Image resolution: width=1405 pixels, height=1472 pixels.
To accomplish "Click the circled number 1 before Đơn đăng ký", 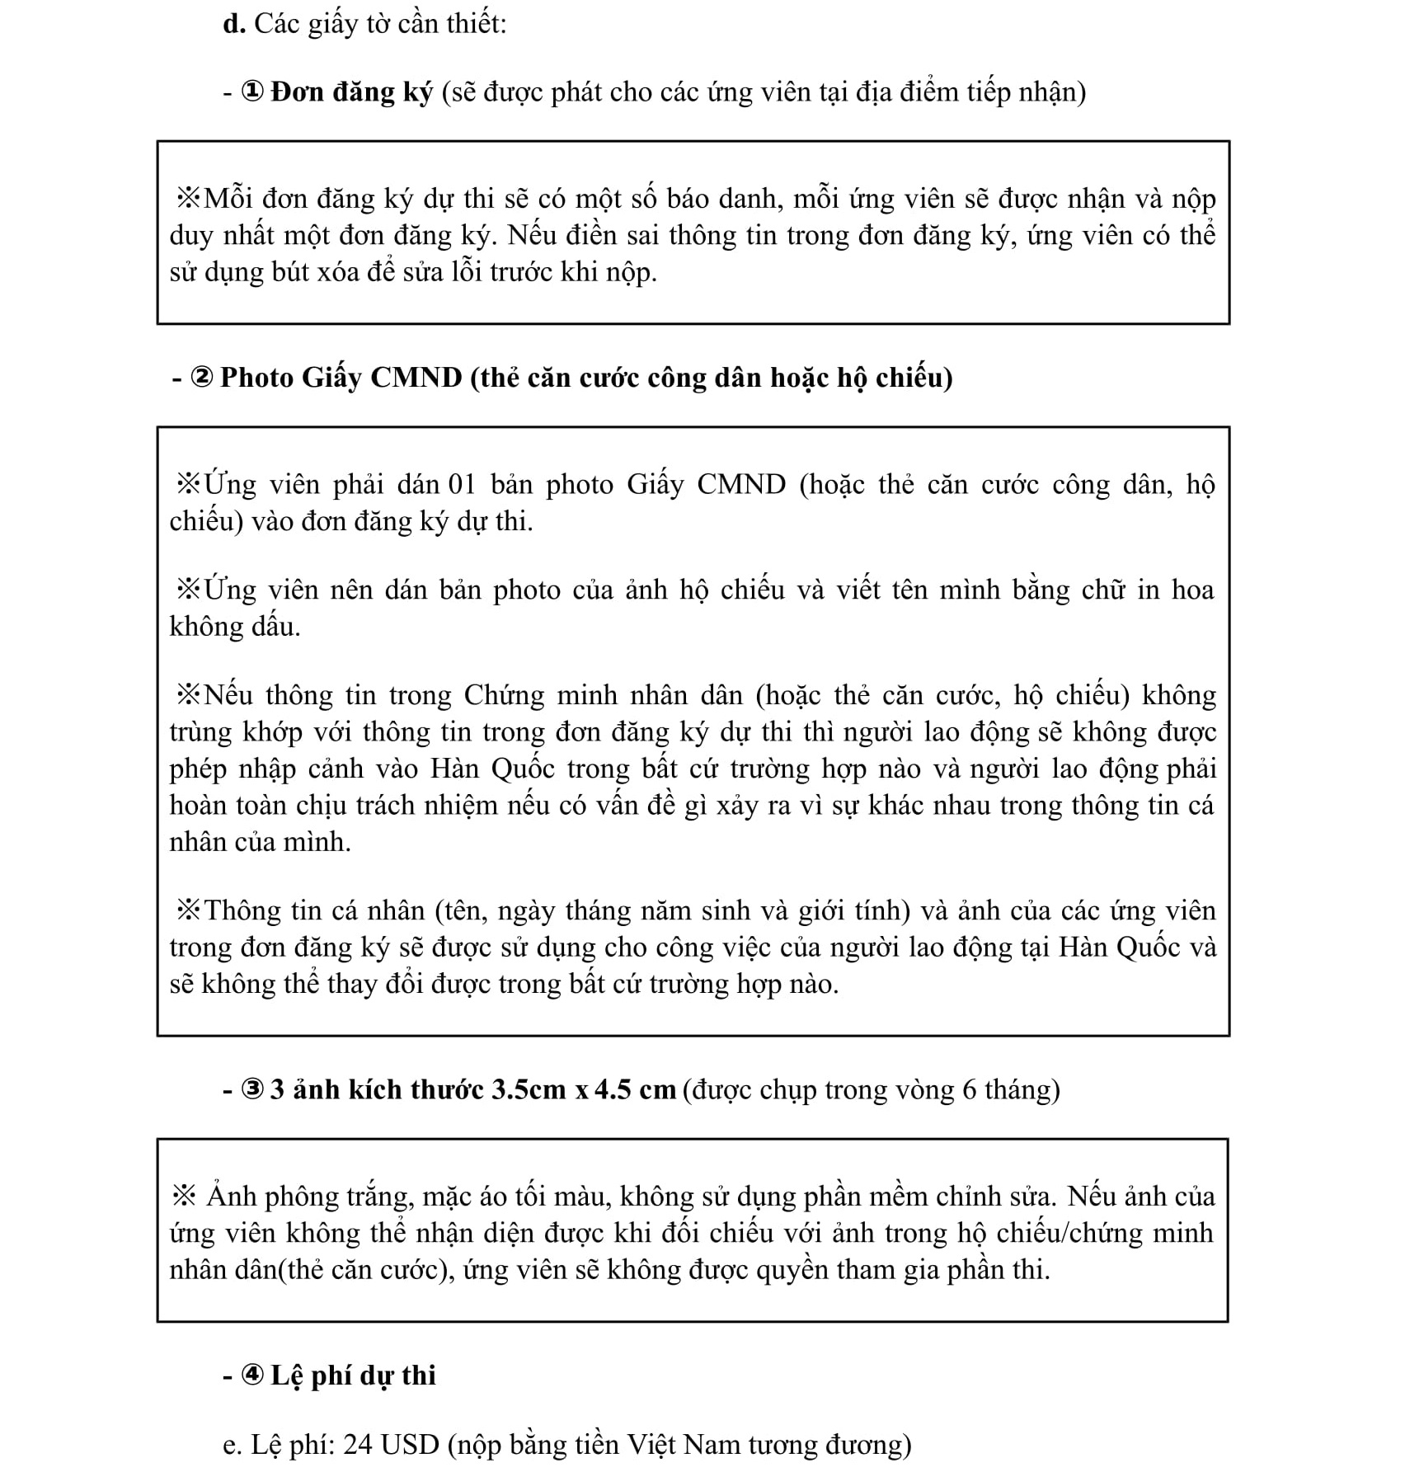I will tap(252, 92).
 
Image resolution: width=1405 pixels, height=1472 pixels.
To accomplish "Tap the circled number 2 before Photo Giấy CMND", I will tap(202, 378).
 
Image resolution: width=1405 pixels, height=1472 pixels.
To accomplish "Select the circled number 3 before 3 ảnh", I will tap(252, 1090).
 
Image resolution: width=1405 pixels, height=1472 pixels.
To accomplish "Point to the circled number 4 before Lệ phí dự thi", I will tap(252, 1376).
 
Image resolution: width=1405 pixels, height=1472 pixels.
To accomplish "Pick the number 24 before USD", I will tap(359, 1445).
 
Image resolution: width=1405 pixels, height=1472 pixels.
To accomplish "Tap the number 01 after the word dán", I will tap(463, 484).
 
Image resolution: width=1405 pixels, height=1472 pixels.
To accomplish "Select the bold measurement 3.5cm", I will tap(529, 1090).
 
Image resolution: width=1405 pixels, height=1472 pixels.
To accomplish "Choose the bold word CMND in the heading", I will tap(416, 378).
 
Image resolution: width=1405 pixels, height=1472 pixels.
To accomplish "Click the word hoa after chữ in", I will tap(1192, 590).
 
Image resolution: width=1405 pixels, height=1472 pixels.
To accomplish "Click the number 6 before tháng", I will tap(970, 1090).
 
